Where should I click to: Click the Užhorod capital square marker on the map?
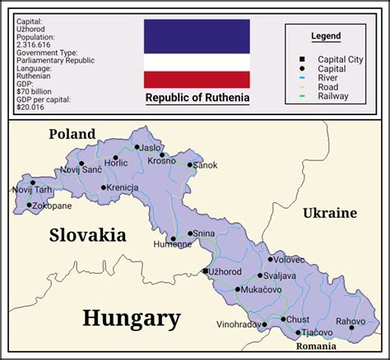205,271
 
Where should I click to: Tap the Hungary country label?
131,318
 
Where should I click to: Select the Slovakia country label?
88,235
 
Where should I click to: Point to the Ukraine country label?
330,213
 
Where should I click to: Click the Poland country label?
72,134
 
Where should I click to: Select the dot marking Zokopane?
30,205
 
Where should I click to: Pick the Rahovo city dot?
351,327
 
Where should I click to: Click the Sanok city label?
206,165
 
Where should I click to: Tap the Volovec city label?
289,260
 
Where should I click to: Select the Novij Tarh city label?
31,190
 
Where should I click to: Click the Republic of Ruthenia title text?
197,99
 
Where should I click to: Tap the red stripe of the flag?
197,79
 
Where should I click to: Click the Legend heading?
326,37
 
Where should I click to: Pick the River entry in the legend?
327,78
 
